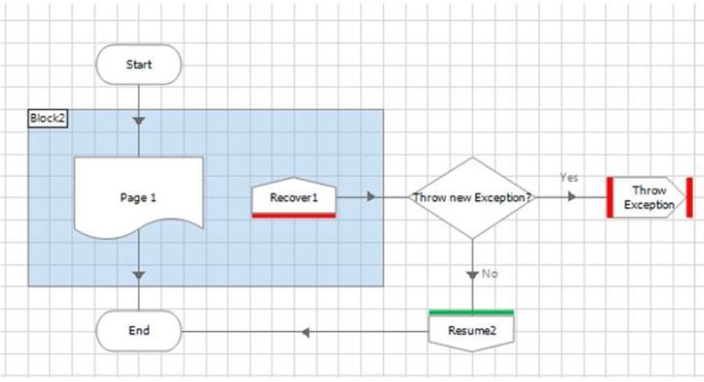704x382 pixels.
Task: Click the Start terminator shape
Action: click(x=139, y=65)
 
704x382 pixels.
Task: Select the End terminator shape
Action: click(x=139, y=331)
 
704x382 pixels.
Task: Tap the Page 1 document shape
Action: click(x=139, y=198)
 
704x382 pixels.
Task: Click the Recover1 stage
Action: click(x=294, y=196)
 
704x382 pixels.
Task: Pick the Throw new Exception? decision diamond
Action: click(x=473, y=198)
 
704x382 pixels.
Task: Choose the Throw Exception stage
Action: click(x=649, y=198)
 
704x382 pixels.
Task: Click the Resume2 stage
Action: click(x=471, y=331)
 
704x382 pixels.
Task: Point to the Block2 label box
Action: click(x=48, y=119)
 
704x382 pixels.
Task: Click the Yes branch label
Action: click(x=569, y=178)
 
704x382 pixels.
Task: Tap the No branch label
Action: click(x=490, y=274)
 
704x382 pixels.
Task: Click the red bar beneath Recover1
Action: click(x=294, y=216)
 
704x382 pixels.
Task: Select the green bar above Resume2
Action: click(x=471, y=312)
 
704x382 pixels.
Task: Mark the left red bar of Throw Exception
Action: click(x=610, y=198)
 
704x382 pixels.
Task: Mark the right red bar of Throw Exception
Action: click(x=690, y=198)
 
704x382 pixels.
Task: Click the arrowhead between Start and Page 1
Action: click(x=139, y=121)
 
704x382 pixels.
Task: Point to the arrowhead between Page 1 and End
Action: click(x=139, y=275)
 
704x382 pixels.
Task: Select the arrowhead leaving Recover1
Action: click(x=371, y=196)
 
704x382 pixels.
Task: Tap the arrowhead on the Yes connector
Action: click(x=572, y=196)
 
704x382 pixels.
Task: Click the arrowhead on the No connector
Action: click(x=473, y=275)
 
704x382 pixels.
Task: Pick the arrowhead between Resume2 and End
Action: click(x=305, y=333)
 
